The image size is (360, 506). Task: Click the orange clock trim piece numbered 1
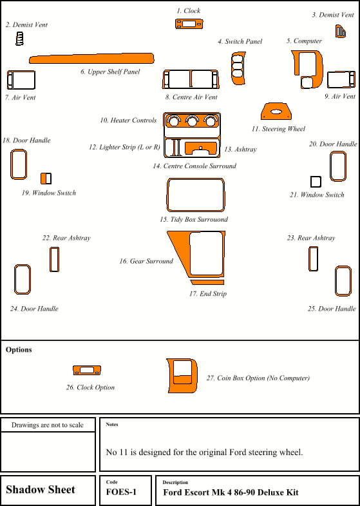[189, 24]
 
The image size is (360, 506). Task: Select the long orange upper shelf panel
[91, 59]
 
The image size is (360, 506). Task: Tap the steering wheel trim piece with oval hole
[276, 112]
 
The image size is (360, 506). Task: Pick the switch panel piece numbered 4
[238, 68]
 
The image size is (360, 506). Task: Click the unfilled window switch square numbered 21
[316, 182]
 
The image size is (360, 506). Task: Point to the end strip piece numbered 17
[207, 282]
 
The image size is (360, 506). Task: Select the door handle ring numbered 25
[336, 281]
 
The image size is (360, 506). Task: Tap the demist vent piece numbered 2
[20, 39]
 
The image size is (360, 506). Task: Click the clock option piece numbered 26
[87, 370]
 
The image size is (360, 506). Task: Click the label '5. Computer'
[304, 41]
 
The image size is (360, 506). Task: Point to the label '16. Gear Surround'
[146, 261]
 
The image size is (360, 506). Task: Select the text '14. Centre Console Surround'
[194, 166]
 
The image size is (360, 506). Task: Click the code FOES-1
[121, 492]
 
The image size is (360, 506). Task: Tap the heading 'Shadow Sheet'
[41, 489]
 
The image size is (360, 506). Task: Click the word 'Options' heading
[19, 350]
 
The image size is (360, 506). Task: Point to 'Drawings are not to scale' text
[48, 425]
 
